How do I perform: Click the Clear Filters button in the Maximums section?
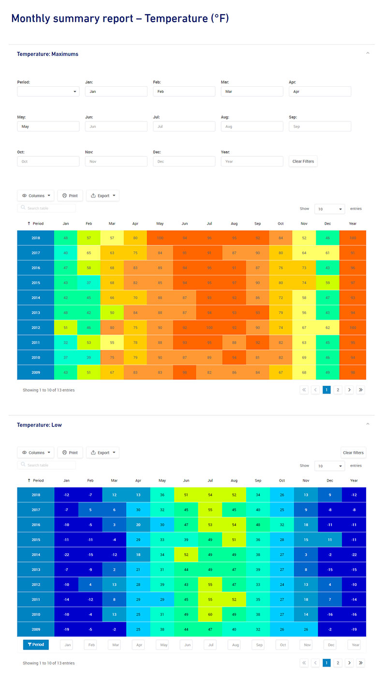303,161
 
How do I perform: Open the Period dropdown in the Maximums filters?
48,91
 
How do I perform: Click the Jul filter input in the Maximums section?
184,126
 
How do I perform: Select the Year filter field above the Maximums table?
252,161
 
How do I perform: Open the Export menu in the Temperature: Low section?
103,453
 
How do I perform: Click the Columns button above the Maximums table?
35,196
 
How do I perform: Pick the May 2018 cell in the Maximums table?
160,238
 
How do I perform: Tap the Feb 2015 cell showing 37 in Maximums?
89,283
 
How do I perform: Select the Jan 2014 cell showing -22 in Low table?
66,555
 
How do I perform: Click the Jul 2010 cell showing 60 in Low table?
210,614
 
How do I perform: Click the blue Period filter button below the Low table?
36,645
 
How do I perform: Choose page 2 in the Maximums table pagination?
338,390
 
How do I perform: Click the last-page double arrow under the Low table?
360,663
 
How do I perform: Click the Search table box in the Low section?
47,465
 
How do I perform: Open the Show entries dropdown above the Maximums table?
329,209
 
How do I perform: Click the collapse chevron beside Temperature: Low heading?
368,424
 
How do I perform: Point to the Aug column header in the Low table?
234,481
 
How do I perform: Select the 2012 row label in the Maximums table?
36,328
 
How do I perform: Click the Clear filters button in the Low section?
353,453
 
